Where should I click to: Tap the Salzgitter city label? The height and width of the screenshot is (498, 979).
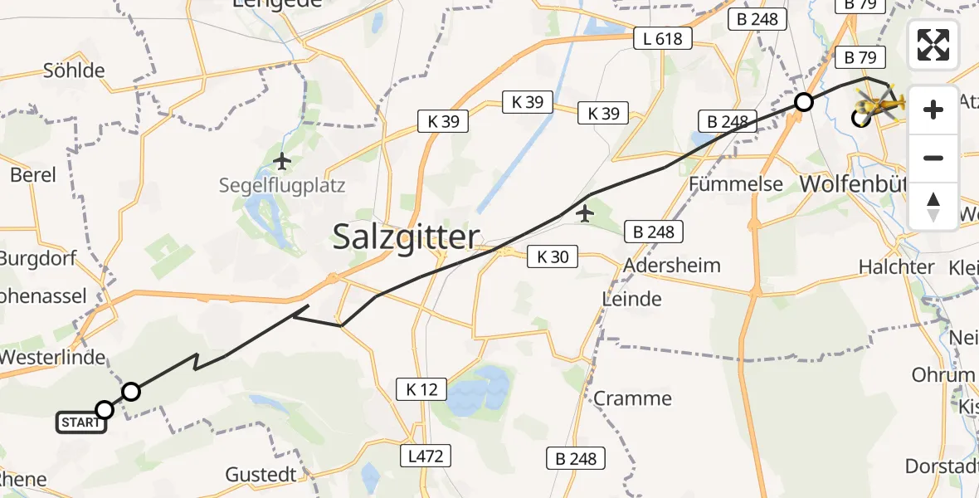coord(406,237)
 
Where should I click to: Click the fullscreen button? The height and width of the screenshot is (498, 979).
coord(933,45)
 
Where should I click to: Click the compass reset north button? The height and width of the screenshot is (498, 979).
coord(933,207)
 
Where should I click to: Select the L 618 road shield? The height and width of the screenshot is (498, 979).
coord(662,38)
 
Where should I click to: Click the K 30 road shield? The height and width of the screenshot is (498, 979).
coord(553,257)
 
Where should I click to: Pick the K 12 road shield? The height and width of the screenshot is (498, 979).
coord(421,388)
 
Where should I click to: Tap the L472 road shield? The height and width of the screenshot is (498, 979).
coord(426,456)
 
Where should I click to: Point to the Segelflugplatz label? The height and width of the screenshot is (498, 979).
coord(281,186)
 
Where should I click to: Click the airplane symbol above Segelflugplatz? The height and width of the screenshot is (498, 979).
coord(282,160)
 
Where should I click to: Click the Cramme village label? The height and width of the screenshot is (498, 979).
coord(632,398)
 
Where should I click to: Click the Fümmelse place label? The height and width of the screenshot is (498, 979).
coord(736,183)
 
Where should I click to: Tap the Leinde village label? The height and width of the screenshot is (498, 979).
coord(632,299)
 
